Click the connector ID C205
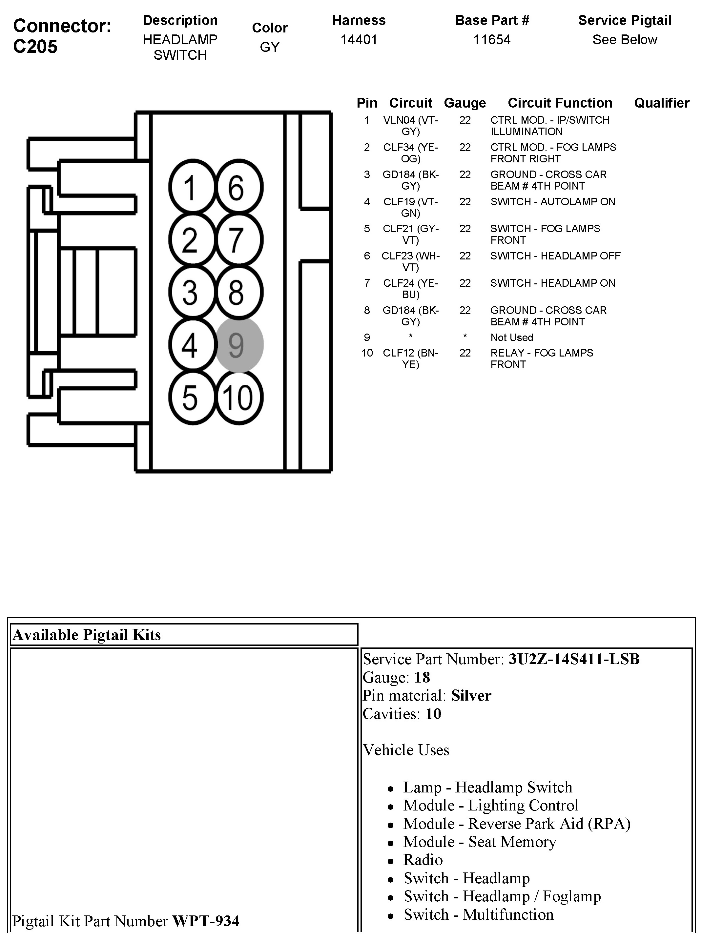coord(35,47)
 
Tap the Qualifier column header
coord(661,103)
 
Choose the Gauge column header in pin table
coord(465,103)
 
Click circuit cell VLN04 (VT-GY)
coord(410,126)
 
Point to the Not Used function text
coord(512,338)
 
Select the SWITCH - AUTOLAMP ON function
coord(552,202)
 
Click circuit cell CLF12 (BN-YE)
coord(410,358)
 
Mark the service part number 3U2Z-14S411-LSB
coord(574,659)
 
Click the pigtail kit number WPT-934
coord(206,921)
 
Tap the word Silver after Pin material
coord(471,696)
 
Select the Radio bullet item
coord(423,860)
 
